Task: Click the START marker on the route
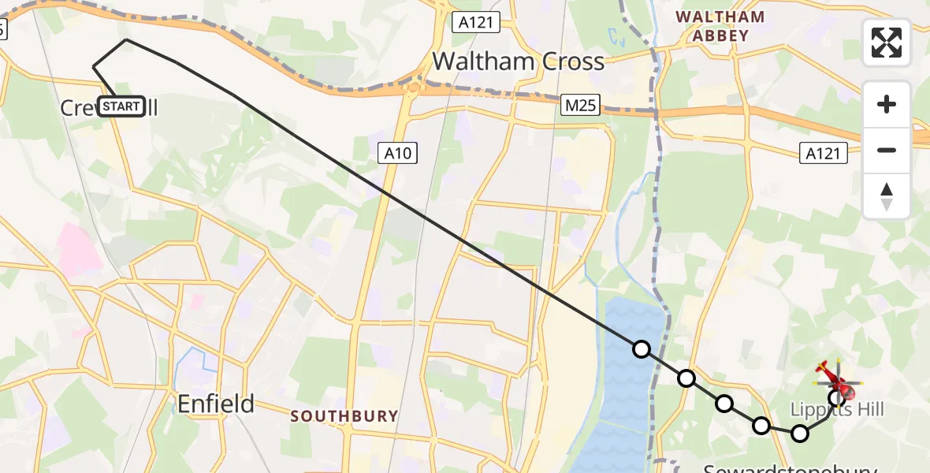[121, 106]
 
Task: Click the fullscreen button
[887, 43]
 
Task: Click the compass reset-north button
[887, 196]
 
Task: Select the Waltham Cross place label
[518, 61]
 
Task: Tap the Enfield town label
[215, 404]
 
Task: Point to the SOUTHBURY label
[344, 416]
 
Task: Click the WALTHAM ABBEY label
[720, 26]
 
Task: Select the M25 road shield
[582, 105]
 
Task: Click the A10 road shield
[398, 153]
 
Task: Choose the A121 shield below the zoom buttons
[824, 154]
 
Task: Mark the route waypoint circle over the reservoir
[642, 349]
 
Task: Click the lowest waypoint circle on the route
[800, 433]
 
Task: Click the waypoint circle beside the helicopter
[836, 397]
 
